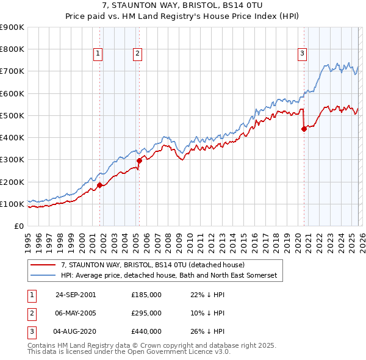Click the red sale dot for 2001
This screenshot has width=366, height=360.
(x=100, y=185)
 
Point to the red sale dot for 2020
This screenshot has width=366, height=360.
(x=304, y=129)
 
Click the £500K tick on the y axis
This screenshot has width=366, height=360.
(x=12, y=115)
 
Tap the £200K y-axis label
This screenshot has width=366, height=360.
(x=12, y=182)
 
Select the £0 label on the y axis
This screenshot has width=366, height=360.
(x=18, y=226)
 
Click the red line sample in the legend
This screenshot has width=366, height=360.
(x=43, y=265)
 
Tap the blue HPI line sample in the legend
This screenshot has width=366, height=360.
(x=43, y=276)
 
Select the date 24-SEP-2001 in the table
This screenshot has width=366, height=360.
(x=75, y=294)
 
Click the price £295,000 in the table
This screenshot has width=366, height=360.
(x=146, y=313)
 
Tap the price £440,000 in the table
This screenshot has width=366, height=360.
(x=146, y=332)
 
